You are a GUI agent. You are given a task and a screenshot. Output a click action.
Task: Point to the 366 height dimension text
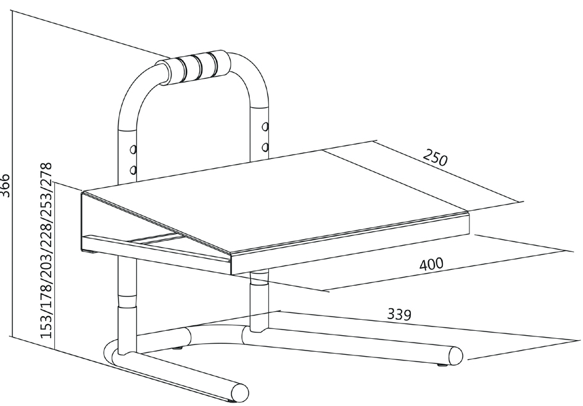pyautogui.click(x=6, y=185)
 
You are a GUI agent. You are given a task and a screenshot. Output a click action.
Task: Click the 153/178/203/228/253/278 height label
pyautogui.click(x=45, y=253)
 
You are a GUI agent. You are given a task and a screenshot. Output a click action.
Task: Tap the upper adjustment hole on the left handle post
pyautogui.click(x=132, y=150)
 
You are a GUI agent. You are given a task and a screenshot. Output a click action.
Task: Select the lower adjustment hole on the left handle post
pyautogui.click(x=132, y=169)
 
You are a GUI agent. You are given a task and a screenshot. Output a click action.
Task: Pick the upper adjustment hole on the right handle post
pyautogui.click(x=265, y=127)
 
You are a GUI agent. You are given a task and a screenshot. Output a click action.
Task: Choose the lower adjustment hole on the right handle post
pyautogui.click(x=265, y=147)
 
